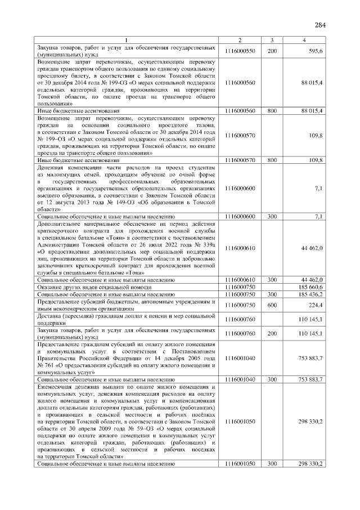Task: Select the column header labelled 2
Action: coord(240,40)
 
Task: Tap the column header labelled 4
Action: coord(304,40)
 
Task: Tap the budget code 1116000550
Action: coord(240,51)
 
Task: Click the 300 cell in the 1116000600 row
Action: coord(272,216)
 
